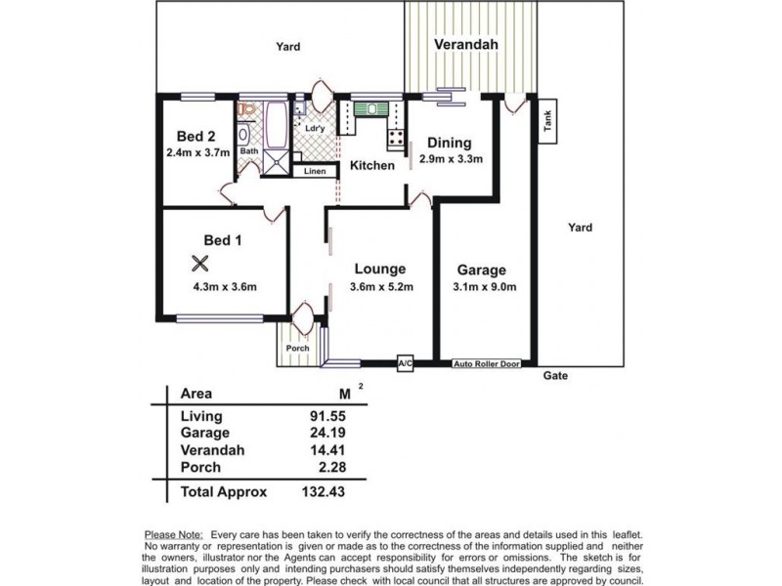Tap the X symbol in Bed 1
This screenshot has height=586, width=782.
[200, 263]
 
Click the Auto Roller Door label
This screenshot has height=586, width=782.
[485, 364]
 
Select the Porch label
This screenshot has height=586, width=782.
[296, 349]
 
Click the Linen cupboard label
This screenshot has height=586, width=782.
[314, 172]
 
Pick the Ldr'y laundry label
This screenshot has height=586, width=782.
[315, 128]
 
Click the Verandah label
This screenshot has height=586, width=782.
[466, 45]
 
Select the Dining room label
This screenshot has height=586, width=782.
[449, 143]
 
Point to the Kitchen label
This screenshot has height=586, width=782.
[372, 165]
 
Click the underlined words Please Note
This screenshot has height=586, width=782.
[173, 534]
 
